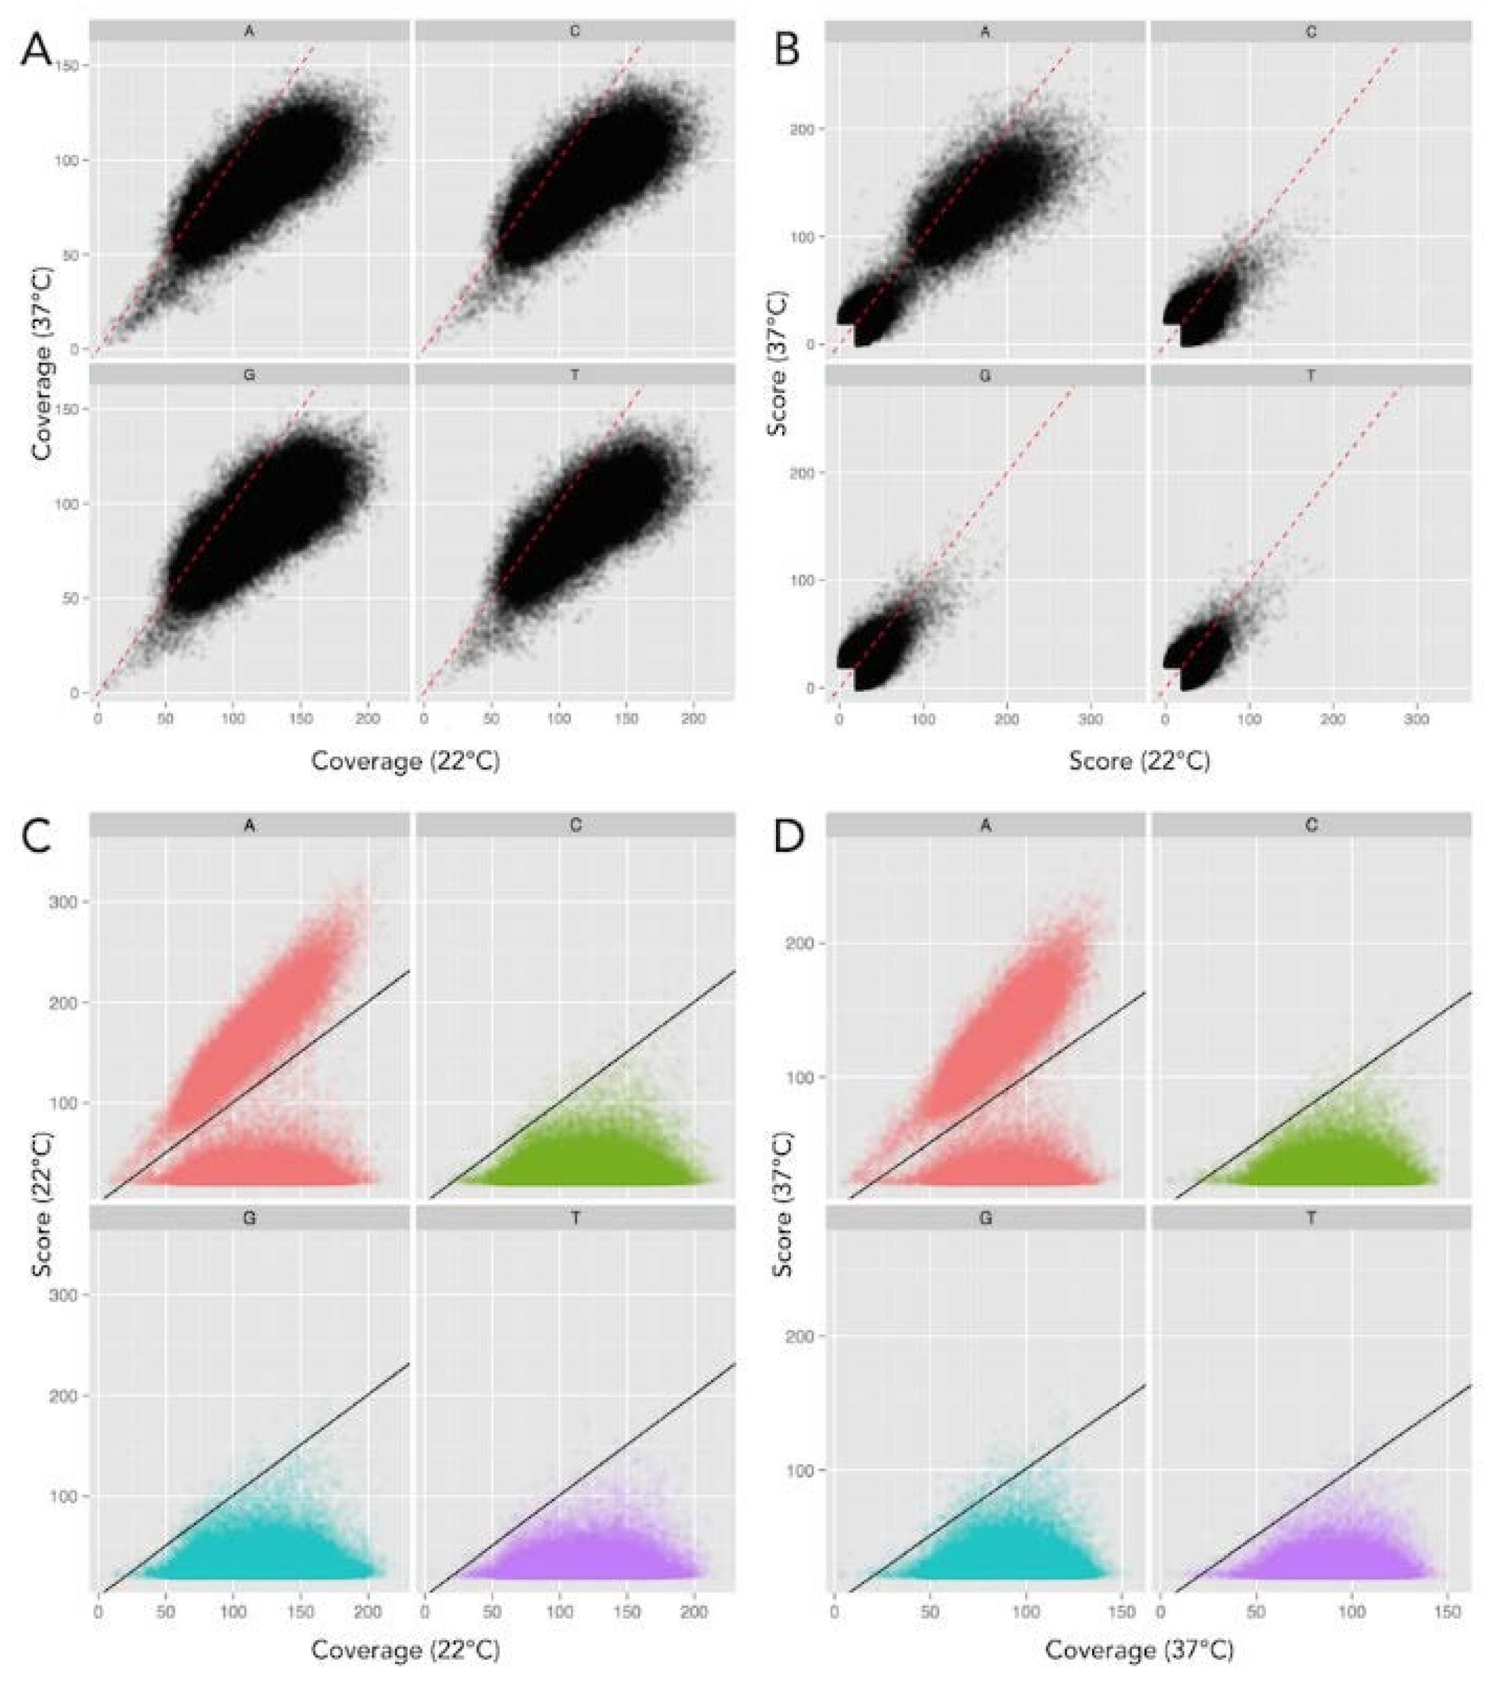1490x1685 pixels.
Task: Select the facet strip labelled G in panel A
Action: point(249,375)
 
